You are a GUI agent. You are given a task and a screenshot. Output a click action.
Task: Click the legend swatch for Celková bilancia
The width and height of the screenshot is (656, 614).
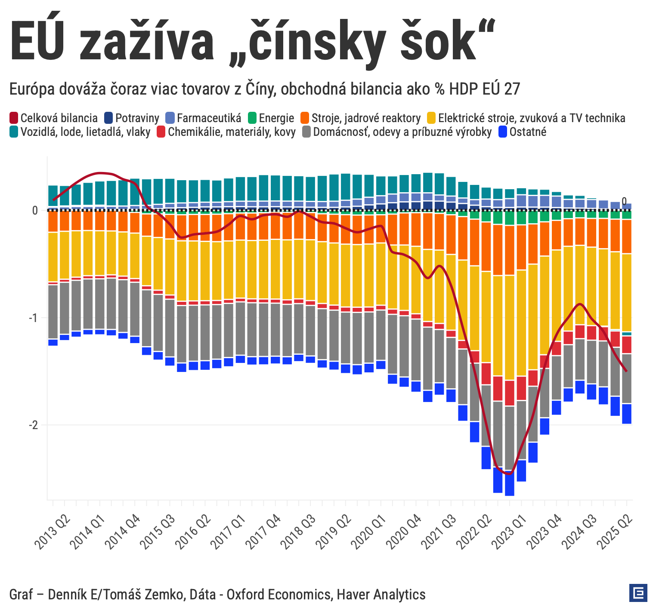click(14, 118)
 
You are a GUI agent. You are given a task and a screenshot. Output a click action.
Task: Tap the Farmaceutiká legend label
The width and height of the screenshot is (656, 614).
click(209, 118)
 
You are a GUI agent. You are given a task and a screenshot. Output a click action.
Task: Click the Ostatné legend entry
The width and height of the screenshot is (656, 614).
click(527, 132)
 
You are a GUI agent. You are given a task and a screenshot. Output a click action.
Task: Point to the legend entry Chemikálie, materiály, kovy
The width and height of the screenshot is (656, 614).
click(232, 132)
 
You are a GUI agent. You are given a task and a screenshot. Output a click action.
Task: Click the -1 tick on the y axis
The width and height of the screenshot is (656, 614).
click(33, 318)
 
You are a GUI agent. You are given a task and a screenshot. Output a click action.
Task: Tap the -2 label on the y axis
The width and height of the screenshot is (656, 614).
click(33, 425)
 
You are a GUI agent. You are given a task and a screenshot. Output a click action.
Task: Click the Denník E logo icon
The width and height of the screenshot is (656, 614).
click(638, 593)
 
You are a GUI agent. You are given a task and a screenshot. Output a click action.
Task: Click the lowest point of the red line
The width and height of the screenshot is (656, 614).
click(510, 474)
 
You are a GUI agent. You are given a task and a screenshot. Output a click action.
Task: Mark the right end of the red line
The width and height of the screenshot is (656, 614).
click(626, 371)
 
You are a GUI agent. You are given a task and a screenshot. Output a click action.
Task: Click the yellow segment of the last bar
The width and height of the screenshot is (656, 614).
click(627, 292)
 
